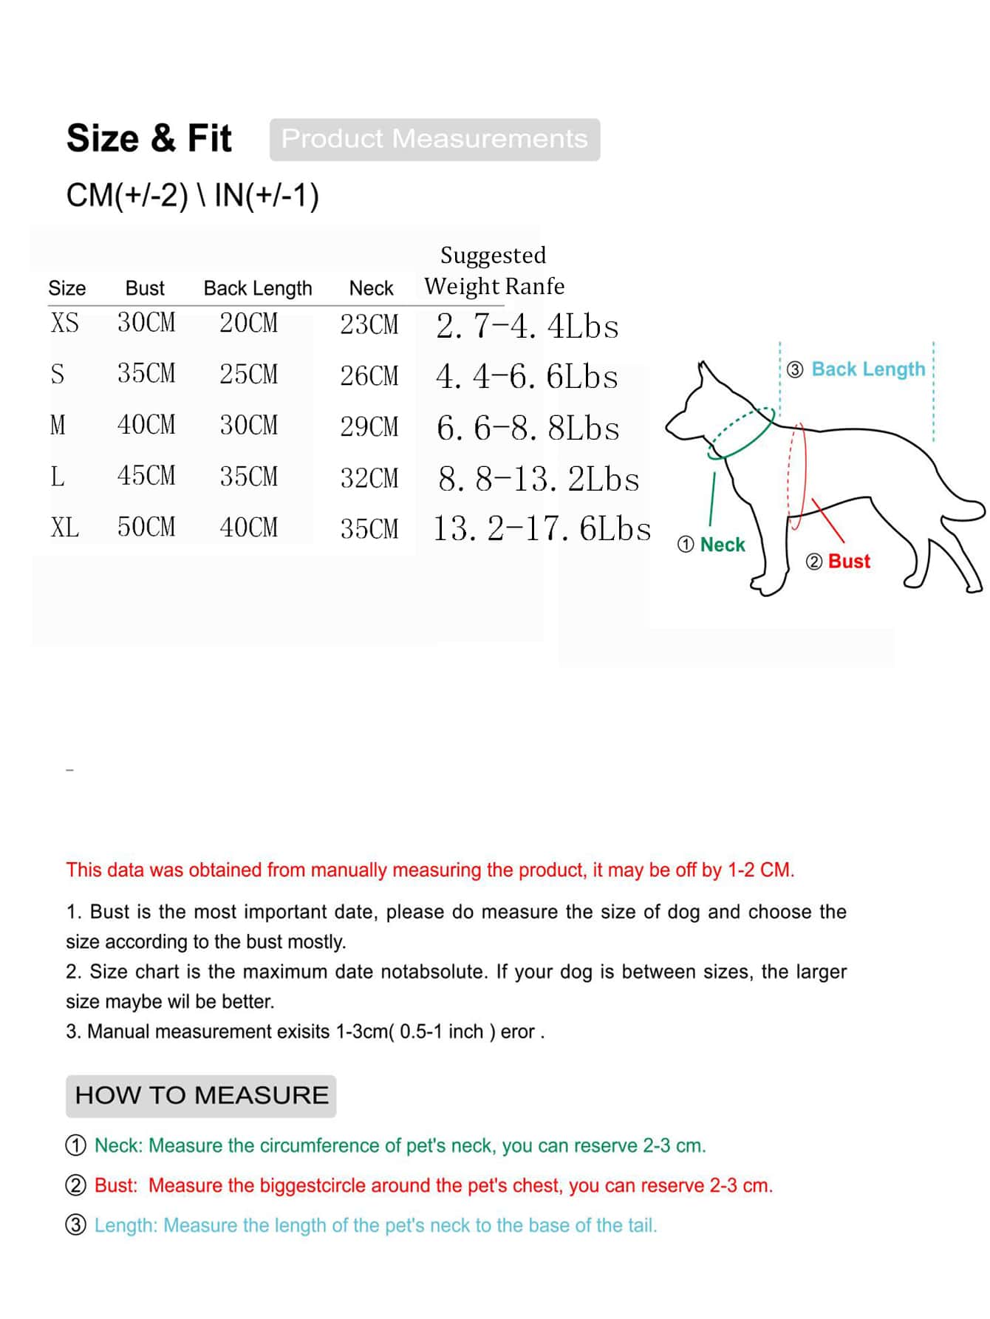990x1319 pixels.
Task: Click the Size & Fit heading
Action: (148, 138)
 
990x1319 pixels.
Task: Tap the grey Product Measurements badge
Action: (434, 139)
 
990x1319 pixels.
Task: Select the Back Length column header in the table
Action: (258, 288)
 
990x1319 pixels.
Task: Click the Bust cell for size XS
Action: (146, 322)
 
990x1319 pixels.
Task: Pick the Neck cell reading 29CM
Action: (369, 426)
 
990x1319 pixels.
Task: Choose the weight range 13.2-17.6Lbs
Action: (542, 528)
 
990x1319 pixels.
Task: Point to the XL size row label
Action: (64, 528)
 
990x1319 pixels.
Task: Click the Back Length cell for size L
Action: (248, 477)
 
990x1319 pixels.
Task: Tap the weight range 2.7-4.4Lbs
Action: (528, 326)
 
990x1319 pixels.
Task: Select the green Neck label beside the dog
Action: (722, 545)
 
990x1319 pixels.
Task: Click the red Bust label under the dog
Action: (849, 562)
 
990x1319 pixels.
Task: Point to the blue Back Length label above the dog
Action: (867, 369)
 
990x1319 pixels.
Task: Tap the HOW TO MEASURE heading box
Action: (201, 1095)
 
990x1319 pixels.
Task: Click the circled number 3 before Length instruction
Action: (76, 1225)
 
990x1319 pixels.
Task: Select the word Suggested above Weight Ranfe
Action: (493, 255)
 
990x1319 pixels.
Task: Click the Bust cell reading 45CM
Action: (146, 476)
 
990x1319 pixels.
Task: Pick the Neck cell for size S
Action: (369, 375)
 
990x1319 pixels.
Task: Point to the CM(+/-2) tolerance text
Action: (127, 196)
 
